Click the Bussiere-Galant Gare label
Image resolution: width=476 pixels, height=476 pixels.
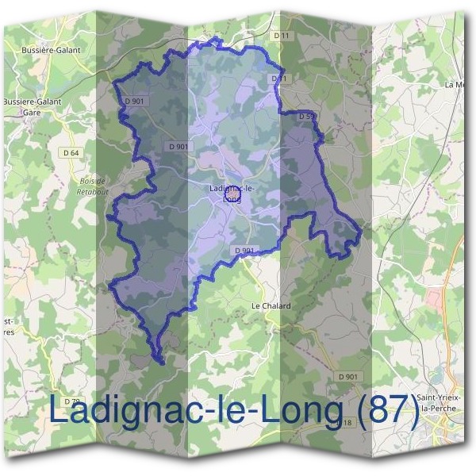click(33, 107)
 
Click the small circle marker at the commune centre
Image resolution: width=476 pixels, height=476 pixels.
click(232, 193)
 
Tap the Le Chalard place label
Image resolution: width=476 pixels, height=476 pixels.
click(271, 305)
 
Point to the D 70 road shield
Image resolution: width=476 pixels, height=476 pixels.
click(71, 402)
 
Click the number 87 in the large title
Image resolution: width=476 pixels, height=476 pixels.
click(389, 411)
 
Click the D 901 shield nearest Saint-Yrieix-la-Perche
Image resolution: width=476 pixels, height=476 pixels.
click(347, 376)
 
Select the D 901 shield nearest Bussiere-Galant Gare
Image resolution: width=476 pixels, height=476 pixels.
click(134, 101)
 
